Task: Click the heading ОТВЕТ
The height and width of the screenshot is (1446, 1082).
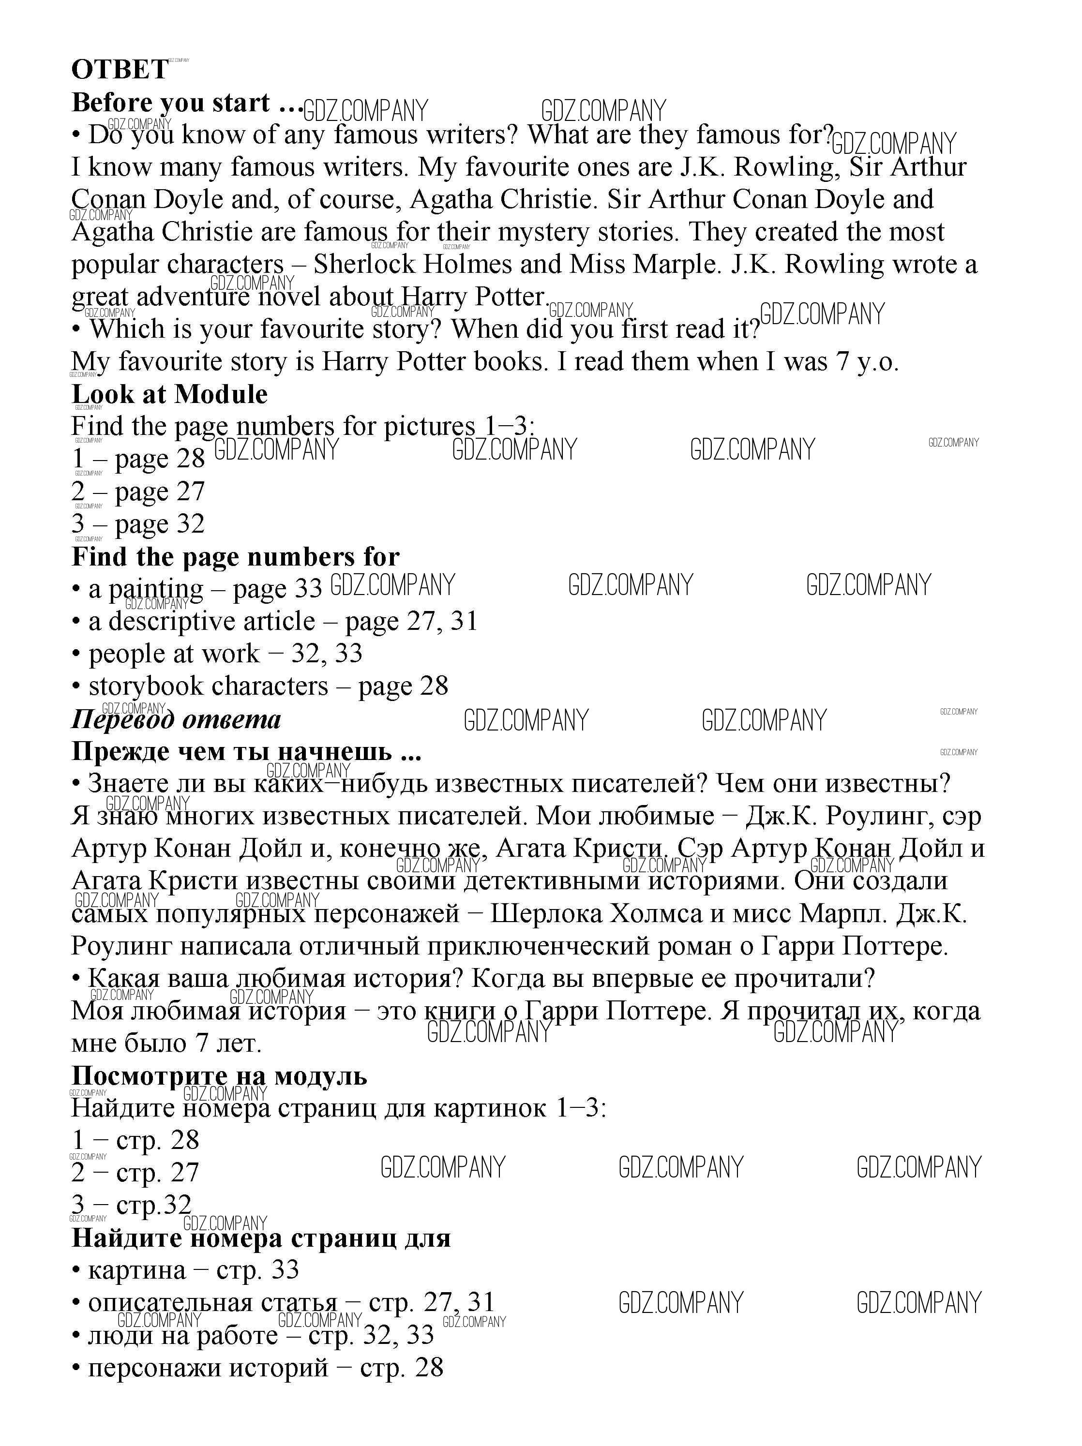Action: pyautogui.click(x=119, y=69)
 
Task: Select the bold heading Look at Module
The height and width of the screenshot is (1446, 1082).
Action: pyautogui.click(x=169, y=394)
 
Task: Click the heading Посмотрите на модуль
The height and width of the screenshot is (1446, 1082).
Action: pyautogui.click(x=219, y=1075)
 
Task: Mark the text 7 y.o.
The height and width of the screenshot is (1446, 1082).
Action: pyautogui.click(x=867, y=361)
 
